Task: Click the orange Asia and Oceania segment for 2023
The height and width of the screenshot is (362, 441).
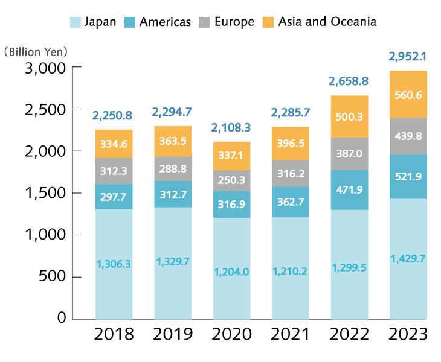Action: (408, 94)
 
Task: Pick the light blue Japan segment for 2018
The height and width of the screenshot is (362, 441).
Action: (114, 264)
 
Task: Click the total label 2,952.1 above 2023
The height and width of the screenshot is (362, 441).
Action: (408, 57)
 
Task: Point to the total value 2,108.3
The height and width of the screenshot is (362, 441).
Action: (231, 128)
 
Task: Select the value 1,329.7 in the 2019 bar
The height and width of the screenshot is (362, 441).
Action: (173, 261)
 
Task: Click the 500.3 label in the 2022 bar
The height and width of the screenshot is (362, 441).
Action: (350, 116)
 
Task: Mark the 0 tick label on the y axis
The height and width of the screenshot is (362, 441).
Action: (60, 318)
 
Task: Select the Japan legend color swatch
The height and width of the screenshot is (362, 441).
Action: (76, 22)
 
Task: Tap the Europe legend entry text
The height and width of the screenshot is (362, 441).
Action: (234, 22)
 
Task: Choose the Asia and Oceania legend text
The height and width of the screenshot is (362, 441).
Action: (327, 22)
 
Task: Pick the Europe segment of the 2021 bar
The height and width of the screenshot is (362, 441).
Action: (291, 173)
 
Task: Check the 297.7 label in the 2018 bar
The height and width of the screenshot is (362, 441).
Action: (114, 196)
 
